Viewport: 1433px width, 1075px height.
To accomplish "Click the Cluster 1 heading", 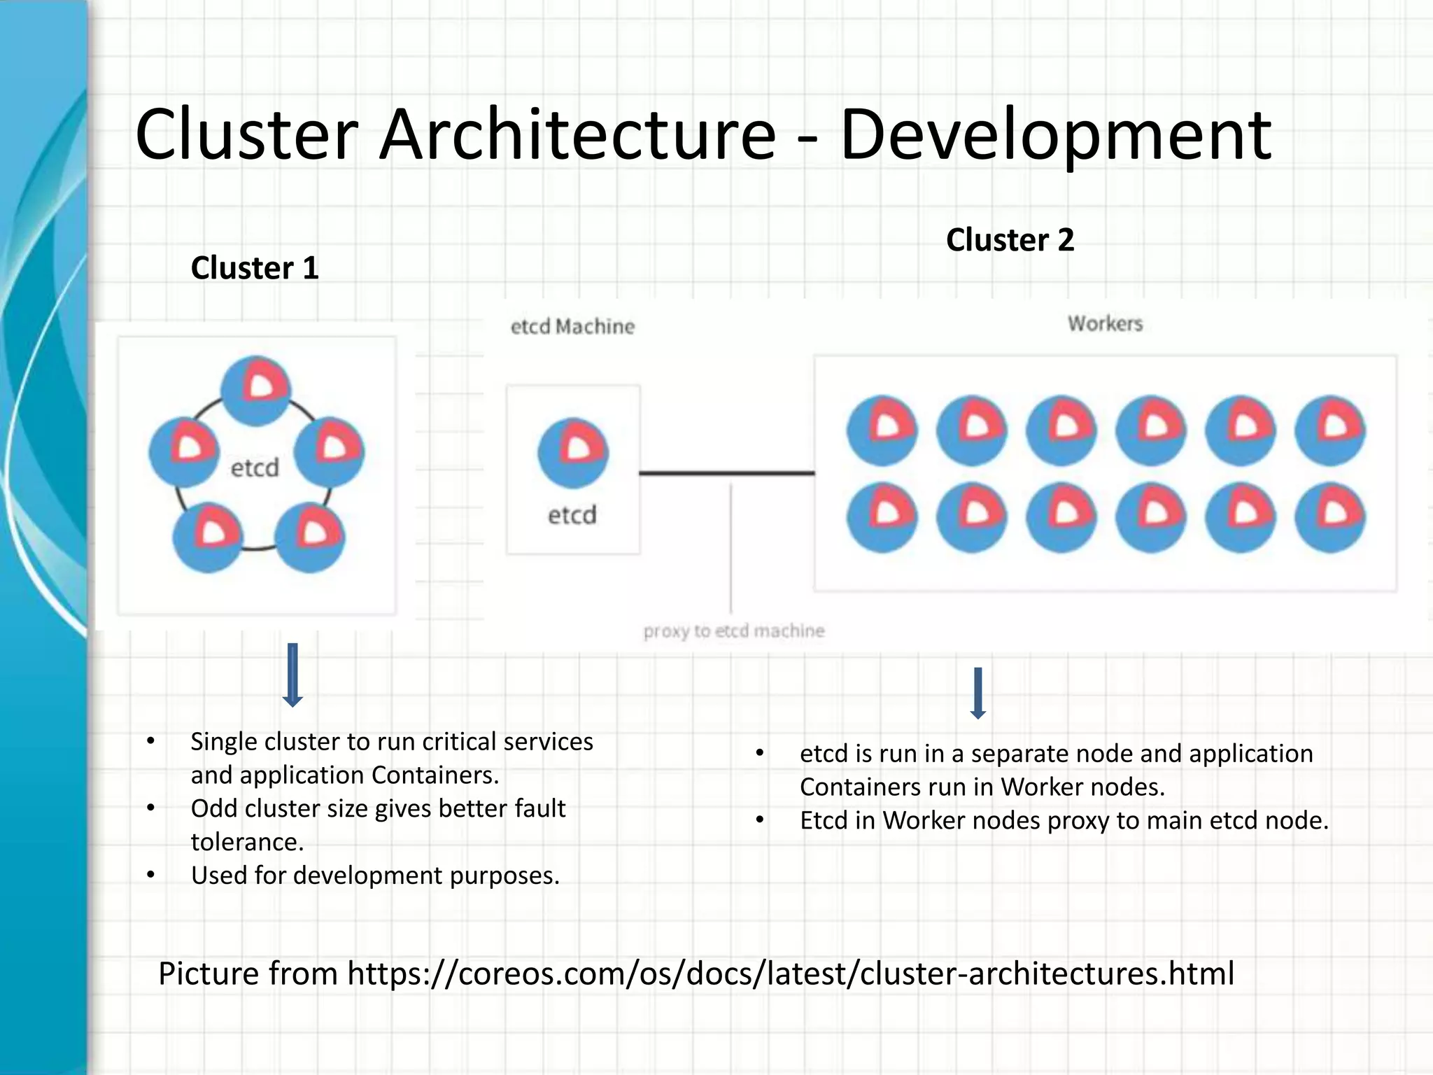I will point(255,268).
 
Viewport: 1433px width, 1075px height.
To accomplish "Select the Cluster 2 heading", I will point(1010,240).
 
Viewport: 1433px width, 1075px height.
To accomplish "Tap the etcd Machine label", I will point(572,327).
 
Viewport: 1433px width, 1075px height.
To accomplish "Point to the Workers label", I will point(1105,323).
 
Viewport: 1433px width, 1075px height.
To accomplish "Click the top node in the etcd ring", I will point(256,391).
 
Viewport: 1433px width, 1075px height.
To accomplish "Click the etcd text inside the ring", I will point(255,468).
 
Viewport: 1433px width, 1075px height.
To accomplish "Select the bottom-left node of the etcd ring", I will point(208,537).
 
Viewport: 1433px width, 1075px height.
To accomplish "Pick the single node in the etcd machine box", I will point(573,453).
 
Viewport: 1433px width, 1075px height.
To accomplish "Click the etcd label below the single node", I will point(572,515).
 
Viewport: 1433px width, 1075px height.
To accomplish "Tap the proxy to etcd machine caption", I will point(734,631).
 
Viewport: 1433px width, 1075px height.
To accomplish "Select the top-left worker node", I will point(882,430).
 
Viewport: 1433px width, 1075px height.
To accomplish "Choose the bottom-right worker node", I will point(1329,517).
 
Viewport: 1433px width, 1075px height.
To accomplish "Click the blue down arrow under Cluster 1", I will point(292,675).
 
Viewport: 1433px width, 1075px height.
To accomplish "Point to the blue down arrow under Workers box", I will point(978,693).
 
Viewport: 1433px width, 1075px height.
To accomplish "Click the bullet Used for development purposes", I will point(375,876).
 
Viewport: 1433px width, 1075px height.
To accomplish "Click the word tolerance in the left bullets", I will point(246,842).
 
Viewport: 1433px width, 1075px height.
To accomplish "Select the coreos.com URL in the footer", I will point(791,974).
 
